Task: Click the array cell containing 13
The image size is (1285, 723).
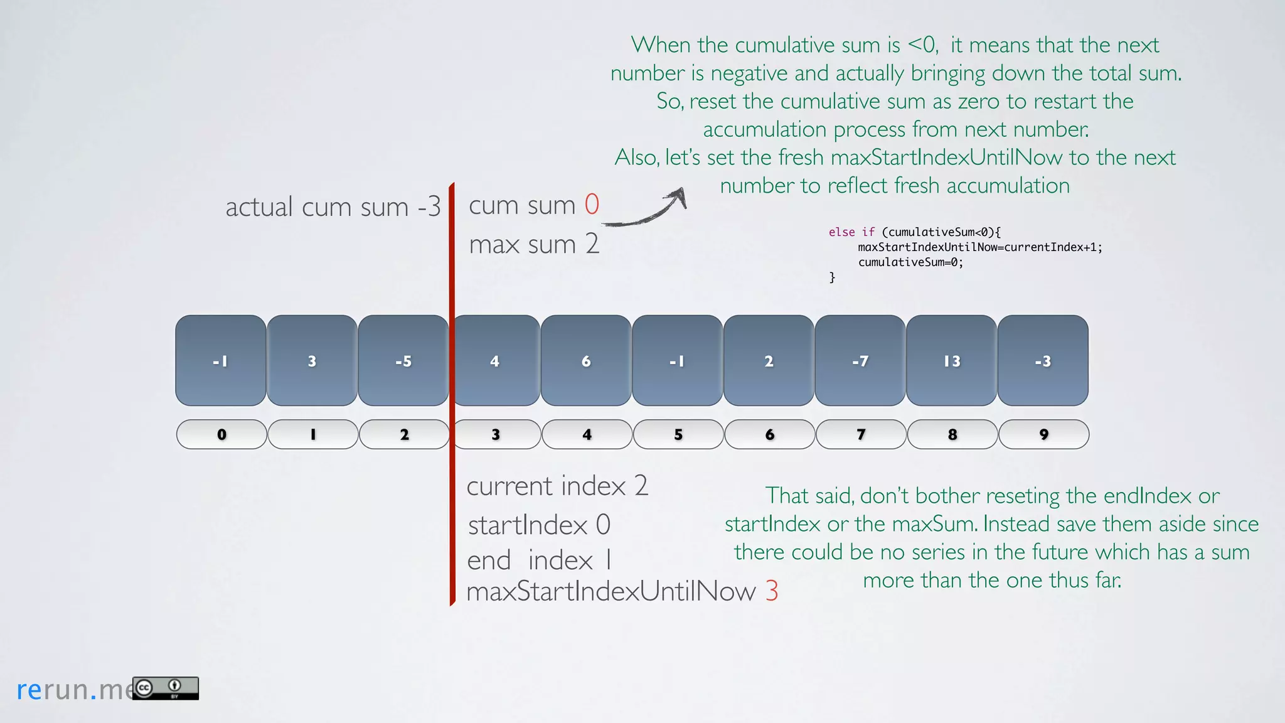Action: (x=951, y=360)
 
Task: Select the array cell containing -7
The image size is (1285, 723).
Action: (x=860, y=360)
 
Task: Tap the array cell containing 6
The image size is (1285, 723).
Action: (x=586, y=360)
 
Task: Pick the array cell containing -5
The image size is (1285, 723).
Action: (x=403, y=360)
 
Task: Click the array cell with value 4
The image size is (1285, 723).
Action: (x=495, y=360)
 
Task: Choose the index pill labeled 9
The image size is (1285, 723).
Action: (x=1043, y=434)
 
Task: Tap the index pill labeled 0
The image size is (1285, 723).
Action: (x=221, y=434)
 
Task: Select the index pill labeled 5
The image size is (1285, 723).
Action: (x=678, y=434)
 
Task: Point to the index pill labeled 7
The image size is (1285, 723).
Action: (x=861, y=434)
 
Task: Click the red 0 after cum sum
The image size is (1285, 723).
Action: (x=592, y=205)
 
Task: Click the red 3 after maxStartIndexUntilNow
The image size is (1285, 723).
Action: (x=772, y=591)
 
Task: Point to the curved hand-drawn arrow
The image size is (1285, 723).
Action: (x=646, y=210)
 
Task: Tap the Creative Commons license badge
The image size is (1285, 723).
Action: (x=166, y=688)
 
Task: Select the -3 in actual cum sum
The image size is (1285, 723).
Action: (x=429, y=207)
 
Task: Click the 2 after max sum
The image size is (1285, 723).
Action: (x=592, y=244)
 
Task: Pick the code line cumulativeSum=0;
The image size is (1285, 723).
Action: (x=910, y=262)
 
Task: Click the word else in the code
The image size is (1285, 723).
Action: (x=841, y=232)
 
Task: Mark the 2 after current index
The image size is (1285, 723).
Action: (x=641, y=486)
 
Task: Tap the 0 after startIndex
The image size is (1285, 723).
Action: (x=603, y=525)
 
